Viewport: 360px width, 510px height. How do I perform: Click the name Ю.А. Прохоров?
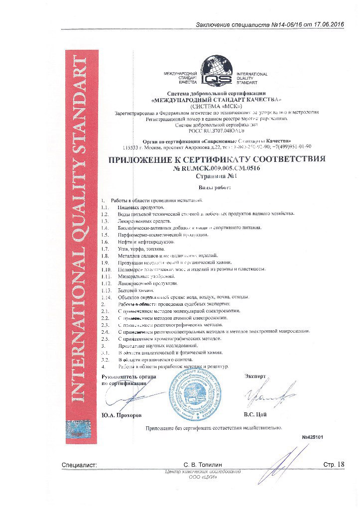121,414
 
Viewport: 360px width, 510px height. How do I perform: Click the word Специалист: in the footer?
80,464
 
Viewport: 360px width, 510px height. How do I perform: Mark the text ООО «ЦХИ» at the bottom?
205,477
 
